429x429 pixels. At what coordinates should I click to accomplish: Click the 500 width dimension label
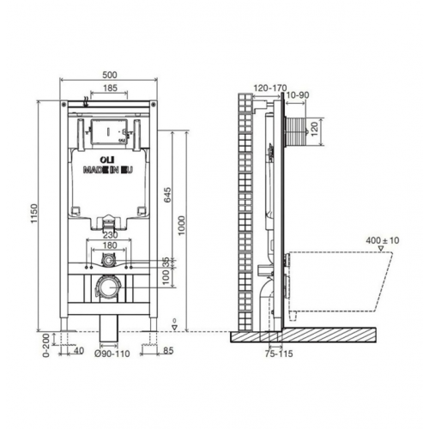tap(110, 75)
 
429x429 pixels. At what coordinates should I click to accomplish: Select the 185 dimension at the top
tap(110, 88)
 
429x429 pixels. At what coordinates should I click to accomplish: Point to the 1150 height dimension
tap(34, 214)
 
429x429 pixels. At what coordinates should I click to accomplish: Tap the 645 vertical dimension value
tap(167, 195)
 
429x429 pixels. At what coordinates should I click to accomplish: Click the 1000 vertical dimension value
tap(182, 226)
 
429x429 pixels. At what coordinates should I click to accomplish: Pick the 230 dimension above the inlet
tap(110, 235)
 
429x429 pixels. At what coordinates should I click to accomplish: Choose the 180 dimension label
tap(110, 245)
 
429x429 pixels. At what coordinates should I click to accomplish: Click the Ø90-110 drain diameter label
tap(112, 353)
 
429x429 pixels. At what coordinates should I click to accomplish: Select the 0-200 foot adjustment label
tap(46, 345)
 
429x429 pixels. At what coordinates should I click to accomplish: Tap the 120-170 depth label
tap(270, 88)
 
